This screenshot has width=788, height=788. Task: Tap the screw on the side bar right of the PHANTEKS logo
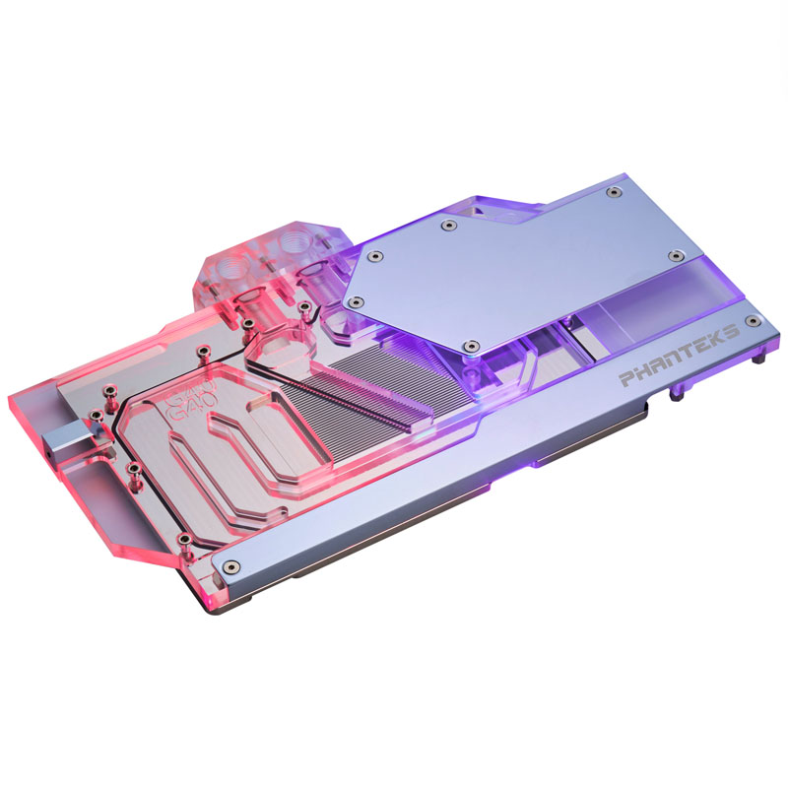pyautogui.click(x=755, y=322)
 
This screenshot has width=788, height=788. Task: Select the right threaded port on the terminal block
pyautogui.click(x=295, y=244)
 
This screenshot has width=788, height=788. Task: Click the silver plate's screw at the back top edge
pyautogui.click(x=450, y=226)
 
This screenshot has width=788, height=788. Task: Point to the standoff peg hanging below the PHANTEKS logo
pyautogui.click(x=676, y=396)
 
